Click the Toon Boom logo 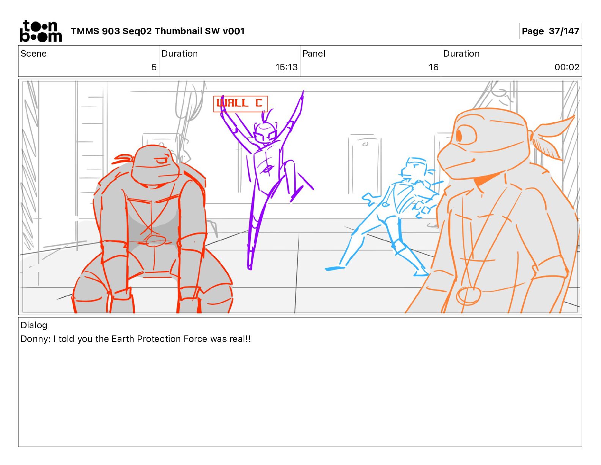point(41,31)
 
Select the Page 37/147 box point(550,31)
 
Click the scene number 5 point(154,67)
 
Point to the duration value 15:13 point(286,67)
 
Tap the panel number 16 point(433,67)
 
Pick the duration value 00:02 point(567,67)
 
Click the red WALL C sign point(240,104)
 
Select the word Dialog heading point(34,325)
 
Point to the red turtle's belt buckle point(156,240)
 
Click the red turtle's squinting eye point(161,161)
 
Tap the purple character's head point(265,133)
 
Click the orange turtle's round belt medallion point(468,296)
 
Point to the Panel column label point(314,54)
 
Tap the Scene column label point(33,54)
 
